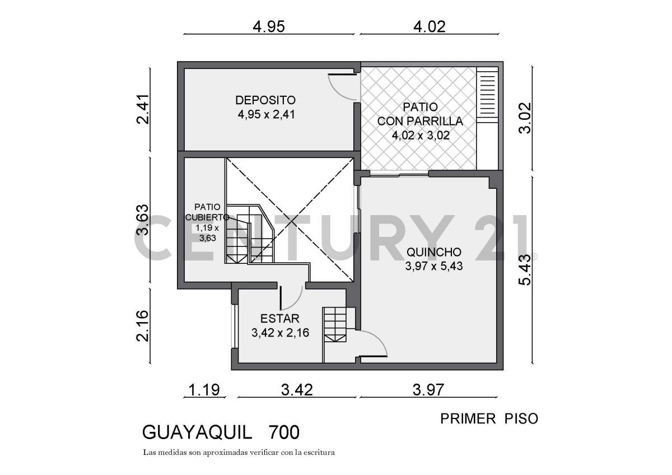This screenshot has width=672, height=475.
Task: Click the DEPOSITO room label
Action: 265,100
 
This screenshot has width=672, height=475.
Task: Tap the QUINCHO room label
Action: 434,252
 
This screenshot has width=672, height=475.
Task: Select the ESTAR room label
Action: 280,319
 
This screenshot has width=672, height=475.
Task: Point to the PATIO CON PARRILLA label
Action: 419,114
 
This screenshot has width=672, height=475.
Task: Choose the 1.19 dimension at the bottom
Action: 204,389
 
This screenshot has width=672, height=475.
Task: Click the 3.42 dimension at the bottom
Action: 296,389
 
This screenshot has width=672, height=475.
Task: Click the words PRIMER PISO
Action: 489,418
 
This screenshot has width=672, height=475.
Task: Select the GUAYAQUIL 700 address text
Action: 221,432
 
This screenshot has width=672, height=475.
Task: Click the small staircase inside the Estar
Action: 335,324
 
